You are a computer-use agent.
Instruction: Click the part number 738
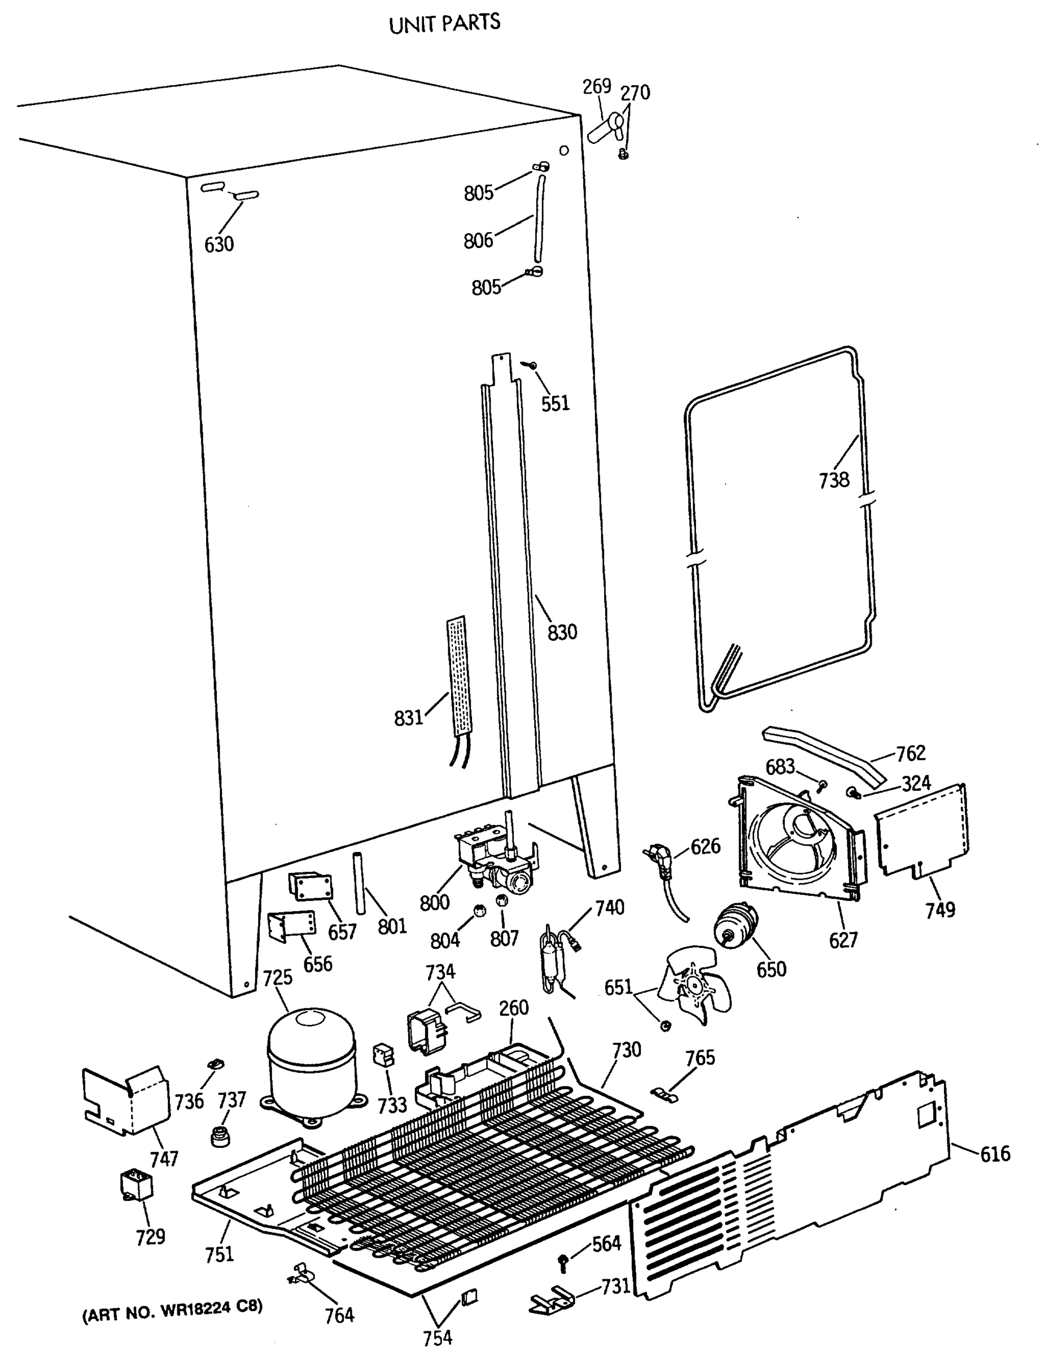click(x=833, y=479)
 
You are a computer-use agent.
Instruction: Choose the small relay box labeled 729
click(x=136, y=1185)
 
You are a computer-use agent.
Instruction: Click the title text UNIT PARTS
click(x=444, y=24)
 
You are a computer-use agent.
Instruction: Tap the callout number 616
click(x=995, y=1154)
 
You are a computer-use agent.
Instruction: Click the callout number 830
click(x=562, y=632)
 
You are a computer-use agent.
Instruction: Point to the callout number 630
click(x=219, y=244)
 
